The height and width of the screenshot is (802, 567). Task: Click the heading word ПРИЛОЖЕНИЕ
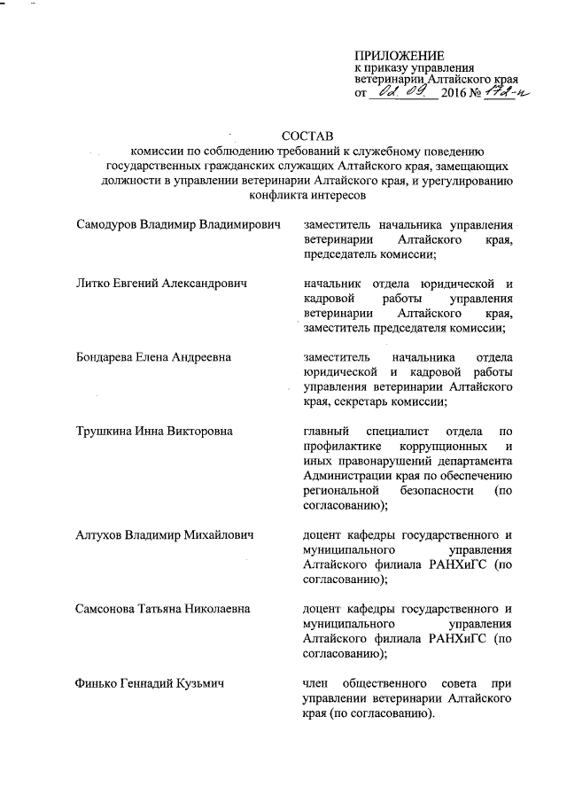(400, 56)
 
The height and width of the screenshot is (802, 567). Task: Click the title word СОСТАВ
(306, 136)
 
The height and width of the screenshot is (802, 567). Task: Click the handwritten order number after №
(500, 92)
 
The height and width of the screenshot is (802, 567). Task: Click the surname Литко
(93, 284)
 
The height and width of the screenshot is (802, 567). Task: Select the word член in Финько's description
(319, 684)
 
